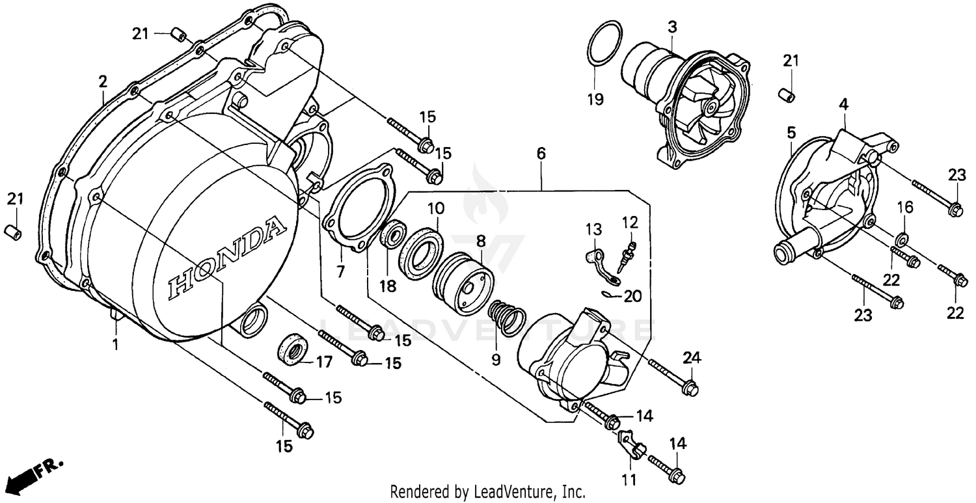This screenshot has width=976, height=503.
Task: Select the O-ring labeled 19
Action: point(604,44)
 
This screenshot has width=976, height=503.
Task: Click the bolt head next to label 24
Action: point(691,388)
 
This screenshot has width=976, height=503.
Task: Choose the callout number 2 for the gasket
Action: point(103,81)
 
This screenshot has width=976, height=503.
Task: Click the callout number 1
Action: point(116,344)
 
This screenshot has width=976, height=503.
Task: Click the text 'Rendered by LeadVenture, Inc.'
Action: point(487,491)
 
